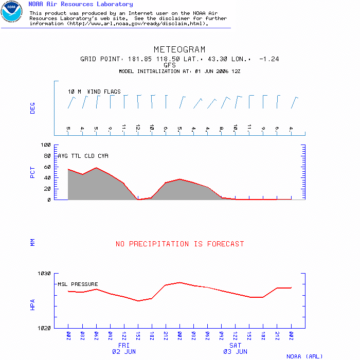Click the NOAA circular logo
pyautogui.click(x=11, y=12)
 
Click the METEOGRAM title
pyautogui.click(x=179, y=50)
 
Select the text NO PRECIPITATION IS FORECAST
pyautogui.click(x=179, y=244)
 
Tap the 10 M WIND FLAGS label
pyautogui.click(x=94, y=92)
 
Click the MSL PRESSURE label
pyautogui.click(x=78, y=284)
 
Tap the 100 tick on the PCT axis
pyautogui.click(x=46, y=145)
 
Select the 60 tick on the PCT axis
pyautogui.click(x=47, y=167)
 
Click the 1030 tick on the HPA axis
pyautogui.click(x=44, y=274)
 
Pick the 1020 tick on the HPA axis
pyautogui.click(x=44, y=328)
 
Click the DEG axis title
pyautogui.click(x=33, y=107)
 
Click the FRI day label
pyautogui.click(x=123, y=346)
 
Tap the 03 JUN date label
pyautogui.click(x=235, y=352)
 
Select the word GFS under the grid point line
pyautogui.click(x=170, y=65)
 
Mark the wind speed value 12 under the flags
pyautogui.click(x=138, y=127)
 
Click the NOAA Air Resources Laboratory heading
pyautogui.click(x=80, y=4)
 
